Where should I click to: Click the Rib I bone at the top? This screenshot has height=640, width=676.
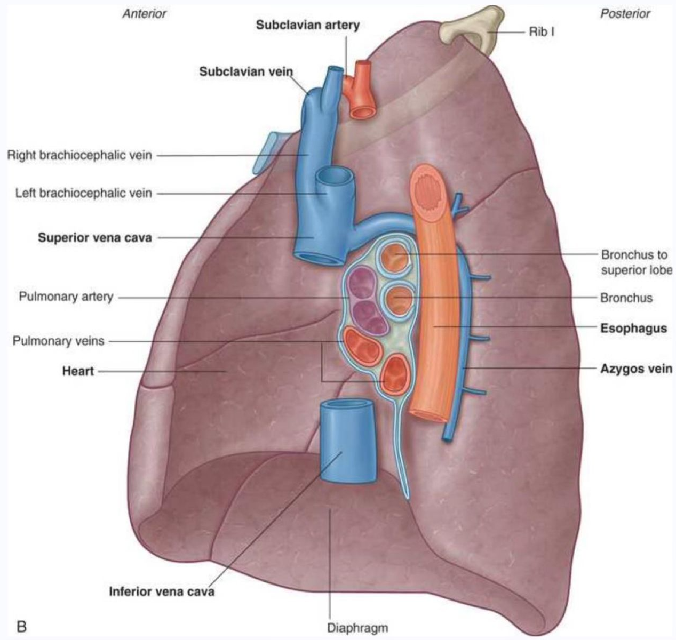click(x=470, y=30)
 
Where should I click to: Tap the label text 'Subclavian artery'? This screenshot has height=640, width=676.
click(x=308, y=25)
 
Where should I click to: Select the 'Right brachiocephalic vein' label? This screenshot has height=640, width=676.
click(x=79, y=156)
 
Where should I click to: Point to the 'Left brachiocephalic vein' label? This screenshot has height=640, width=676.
click(x=83, y=193)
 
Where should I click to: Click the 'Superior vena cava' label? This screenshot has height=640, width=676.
click(x=94, y=238)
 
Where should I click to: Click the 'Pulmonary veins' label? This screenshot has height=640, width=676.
click(x=58, y=341)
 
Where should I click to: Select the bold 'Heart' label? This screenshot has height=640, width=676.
click(x=78, y=371)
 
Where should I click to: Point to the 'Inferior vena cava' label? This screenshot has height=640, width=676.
click(x=162, y=591)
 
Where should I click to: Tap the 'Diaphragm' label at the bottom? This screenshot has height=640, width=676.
click(x=357, y=628)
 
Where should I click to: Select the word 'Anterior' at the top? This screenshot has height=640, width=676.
click(x=145, y=13)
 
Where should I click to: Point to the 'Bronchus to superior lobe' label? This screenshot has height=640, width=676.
click(x=635, y=262)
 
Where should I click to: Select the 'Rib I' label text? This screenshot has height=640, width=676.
click(x=542, y=32)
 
